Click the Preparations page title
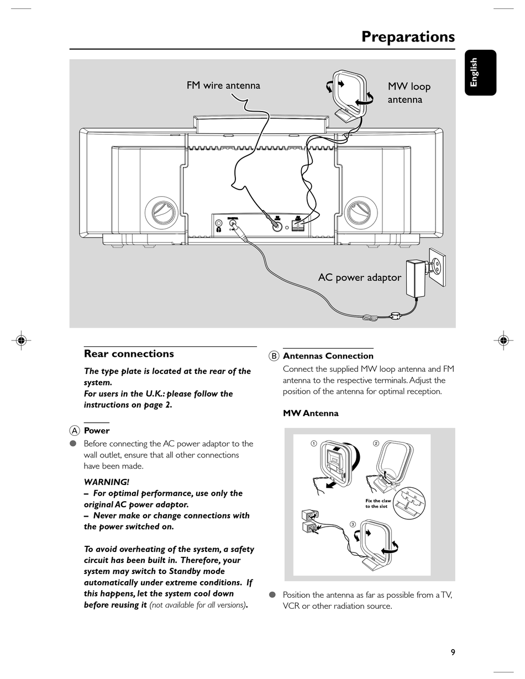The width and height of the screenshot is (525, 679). [x=408, y=36]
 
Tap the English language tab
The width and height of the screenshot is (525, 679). [x=480, y=72]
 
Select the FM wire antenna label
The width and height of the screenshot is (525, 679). [x=223, y=85]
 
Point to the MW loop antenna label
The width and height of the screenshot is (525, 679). [x=408, y=93]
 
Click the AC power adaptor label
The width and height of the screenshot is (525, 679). [x=359, y=277]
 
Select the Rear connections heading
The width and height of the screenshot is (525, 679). [x=129, y=354]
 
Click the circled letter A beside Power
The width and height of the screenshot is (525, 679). [x=75, y=430]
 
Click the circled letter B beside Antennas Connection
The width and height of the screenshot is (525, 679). [x=274, y=356]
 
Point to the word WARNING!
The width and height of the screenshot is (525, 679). [x=106, y=482]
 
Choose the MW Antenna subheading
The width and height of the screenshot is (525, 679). [x=311, y=413]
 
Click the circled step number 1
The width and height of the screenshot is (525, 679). [x=313, y=443]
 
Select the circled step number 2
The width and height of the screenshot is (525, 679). [x=376, y=443]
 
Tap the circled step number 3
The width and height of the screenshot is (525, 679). [x=352, y=524]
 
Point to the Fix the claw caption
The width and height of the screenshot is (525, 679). [x=378, y=503]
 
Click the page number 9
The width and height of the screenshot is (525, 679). [x=453, y=652]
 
